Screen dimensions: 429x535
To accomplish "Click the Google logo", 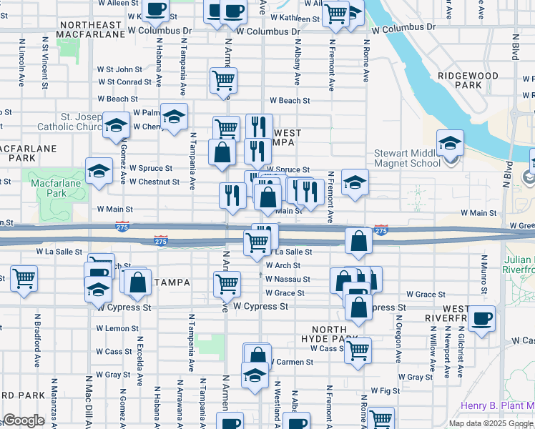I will coord(24,420).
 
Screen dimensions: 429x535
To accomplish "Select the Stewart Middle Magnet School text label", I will coord(408,158).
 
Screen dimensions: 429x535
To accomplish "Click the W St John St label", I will coord(120,69).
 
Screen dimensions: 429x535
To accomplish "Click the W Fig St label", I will coord(385,391).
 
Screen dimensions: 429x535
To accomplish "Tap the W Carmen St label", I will coord(290,363).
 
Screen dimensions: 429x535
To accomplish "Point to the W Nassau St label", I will coord(288,279).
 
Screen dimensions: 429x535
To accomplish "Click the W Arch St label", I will coord(283,265).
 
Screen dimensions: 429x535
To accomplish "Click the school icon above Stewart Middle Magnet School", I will coord(450,144).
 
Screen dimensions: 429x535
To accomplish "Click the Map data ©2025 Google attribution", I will coord(490,423).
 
